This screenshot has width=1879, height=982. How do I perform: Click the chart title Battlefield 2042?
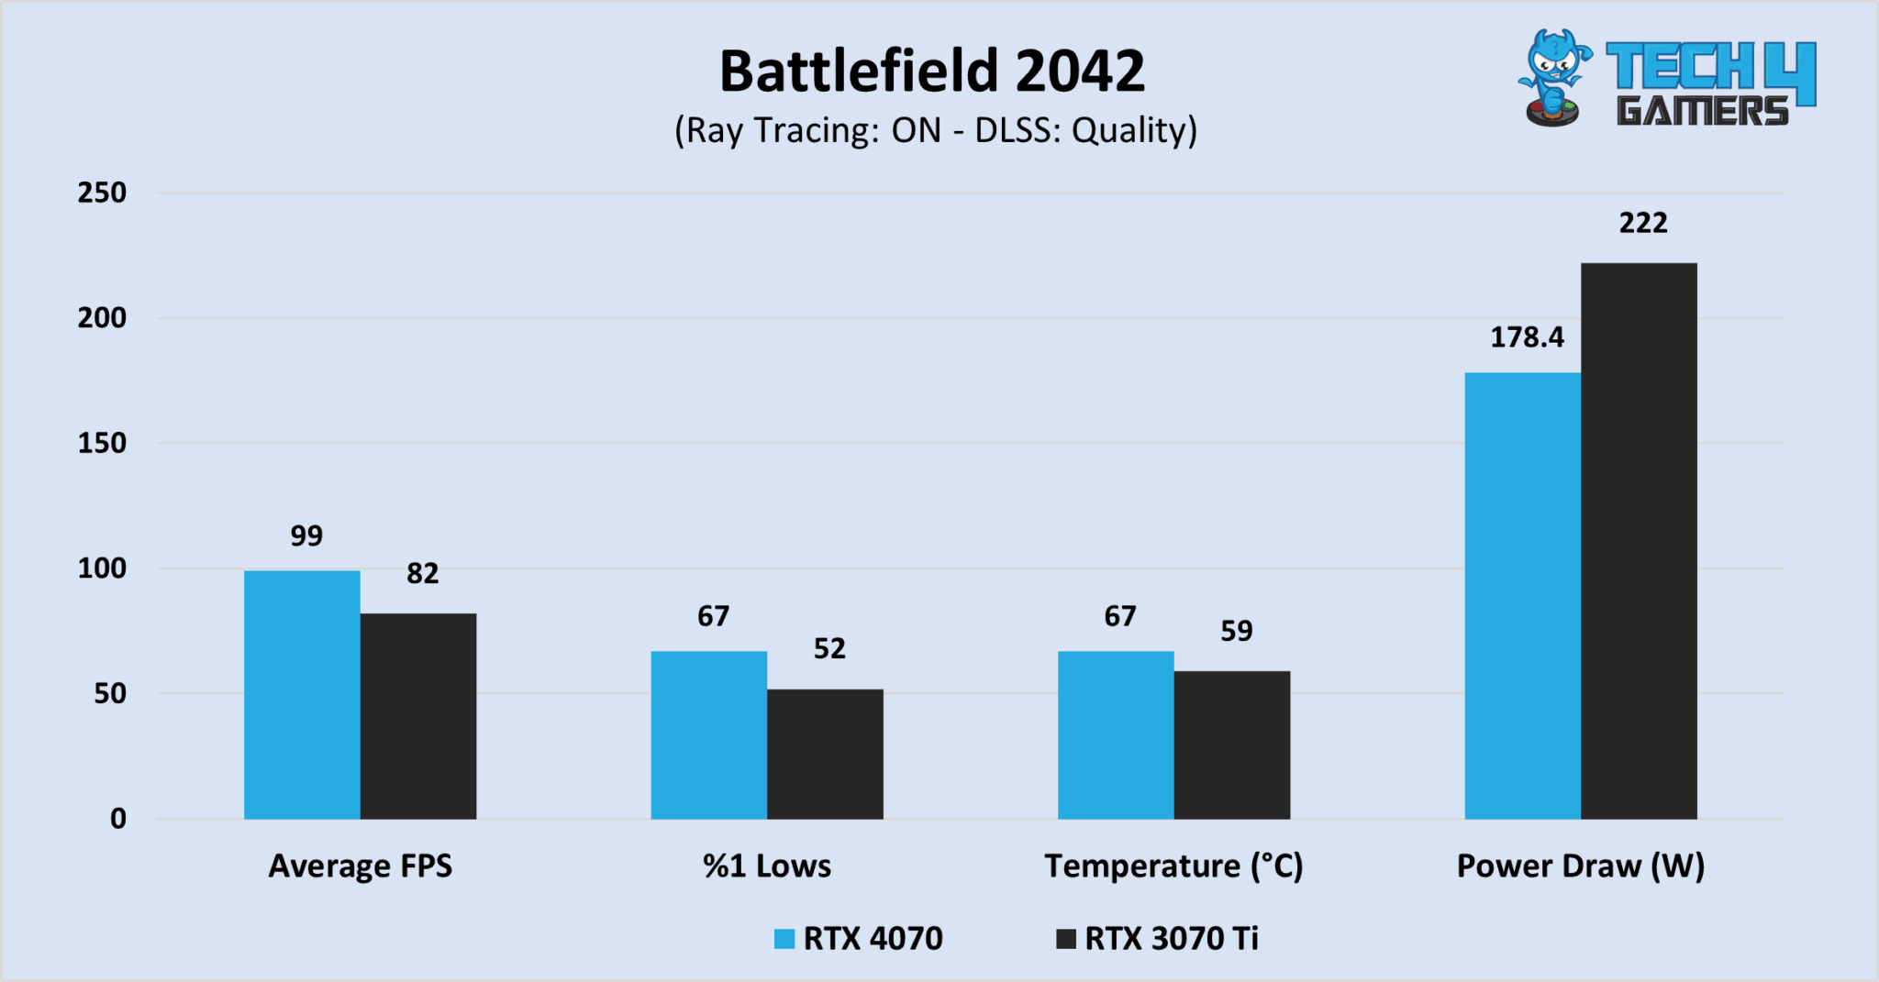click(x=932, y=72)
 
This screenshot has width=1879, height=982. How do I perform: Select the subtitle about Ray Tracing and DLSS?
click(x=936, y=130)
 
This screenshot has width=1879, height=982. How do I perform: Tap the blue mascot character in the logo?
click(x=1553, y=78)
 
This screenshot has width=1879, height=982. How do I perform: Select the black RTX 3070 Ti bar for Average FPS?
click(x=418, y=715)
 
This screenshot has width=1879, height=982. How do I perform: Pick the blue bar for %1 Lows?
click(x=708, y=734)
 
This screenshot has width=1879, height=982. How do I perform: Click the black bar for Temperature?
click(x=1231, y=745)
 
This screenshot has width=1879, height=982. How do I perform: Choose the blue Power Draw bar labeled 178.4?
click(x=1522, y=595)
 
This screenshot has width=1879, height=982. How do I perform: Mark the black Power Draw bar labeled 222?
click(x=1639, y=541)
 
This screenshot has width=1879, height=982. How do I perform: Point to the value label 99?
click(x=306, y=536)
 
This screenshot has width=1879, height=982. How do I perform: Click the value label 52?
click(x=829, y=649)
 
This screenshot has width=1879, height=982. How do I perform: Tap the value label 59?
click(x=1236, y=631)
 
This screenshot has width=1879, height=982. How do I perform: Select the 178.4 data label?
click(x=1527, y=337)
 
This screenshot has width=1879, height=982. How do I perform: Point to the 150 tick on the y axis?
click(x=102, y=443)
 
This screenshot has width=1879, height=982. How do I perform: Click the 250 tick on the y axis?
click(x=102, y=193)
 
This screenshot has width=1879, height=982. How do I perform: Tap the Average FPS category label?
click(x=360, y=866)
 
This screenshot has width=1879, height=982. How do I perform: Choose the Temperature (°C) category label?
click(x=1173, y=866)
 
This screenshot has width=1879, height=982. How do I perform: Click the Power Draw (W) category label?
click(x=1580, y=866)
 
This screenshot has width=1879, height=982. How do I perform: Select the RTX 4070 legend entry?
click(x=859, y=939)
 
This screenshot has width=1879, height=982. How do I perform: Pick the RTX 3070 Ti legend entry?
click(x=1158, y=939)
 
